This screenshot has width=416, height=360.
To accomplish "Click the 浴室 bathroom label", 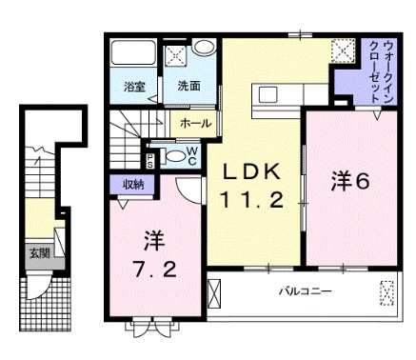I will tap(133, 87).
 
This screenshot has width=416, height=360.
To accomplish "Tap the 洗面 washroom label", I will tap(188, 87).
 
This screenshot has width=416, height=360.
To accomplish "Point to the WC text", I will tap(190, 153).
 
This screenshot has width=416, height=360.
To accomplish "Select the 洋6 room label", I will tap(349, 181).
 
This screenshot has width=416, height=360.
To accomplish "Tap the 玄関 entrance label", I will tap(39, 253).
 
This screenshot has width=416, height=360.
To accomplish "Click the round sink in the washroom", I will tap(202, 50).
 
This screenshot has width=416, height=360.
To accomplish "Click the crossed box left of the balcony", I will tap(214, 290).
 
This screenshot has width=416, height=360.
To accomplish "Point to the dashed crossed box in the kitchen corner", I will tap(342, 51).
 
